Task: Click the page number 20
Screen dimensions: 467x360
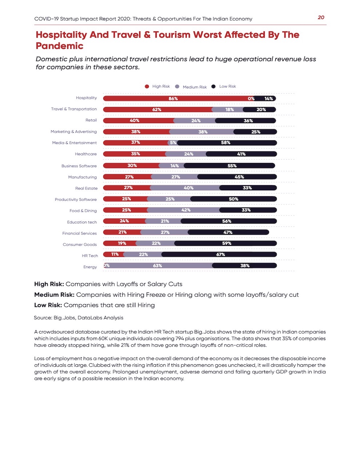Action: click(321, 17)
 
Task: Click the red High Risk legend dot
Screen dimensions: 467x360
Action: click(147, 86)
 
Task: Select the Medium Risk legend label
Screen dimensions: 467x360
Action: click(195, 87)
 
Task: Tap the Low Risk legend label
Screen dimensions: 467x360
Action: click(227, 86)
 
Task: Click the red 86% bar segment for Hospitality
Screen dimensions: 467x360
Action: click(173, 98)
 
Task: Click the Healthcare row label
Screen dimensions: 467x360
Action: click(86, 154)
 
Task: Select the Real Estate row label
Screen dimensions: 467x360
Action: click(86, 188)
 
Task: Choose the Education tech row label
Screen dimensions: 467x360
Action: click(82, 222)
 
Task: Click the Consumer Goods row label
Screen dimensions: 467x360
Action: click(80, 245)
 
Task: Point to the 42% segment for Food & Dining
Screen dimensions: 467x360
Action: click(184, 210)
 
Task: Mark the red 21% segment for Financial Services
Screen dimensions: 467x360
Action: click(122, 232)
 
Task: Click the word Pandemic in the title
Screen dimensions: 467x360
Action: click(59, 46)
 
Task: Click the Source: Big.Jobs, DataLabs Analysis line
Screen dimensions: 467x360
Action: click(78, 318)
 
